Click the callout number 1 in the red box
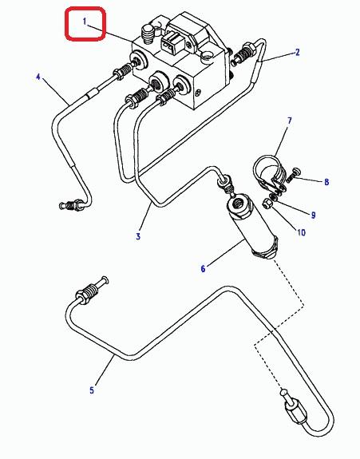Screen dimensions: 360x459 [x=85, y=22]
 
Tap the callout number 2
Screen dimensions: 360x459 [x=298, y=53]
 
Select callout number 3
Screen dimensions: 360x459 [x=138, y=236]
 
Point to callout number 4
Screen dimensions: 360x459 [x=38, y=77]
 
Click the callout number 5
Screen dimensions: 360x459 [x=92, y=390]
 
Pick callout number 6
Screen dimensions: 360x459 [x=203, y=268]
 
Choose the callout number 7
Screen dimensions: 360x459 [x=290, y=121]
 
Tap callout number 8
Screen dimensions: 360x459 [x=326, y=182]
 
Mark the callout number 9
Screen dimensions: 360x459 [x=313, y=216]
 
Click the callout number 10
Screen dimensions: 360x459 [x=301, y=232]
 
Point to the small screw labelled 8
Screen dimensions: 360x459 [x=293, y=175]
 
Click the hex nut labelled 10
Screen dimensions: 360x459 [x=267, y=204]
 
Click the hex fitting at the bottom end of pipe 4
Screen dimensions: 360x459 [x=77, y=204]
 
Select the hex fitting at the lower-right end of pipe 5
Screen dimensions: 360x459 [x=295, y=413]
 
